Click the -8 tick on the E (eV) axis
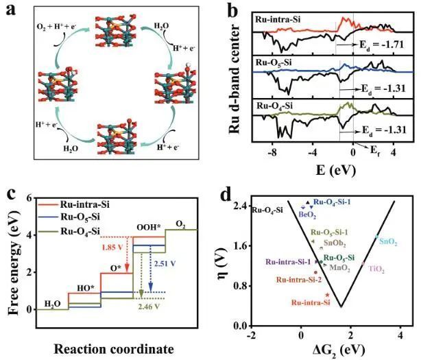pos(274,154)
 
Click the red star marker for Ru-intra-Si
pos(328,295)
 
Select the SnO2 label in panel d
pos(387,241)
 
